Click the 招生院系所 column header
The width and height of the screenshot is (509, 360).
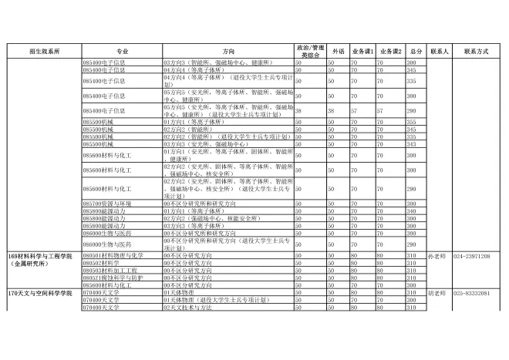pos(43,50)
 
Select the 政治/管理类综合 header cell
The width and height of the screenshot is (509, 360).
pos(310,50)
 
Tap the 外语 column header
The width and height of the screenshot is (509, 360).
pos(338,50)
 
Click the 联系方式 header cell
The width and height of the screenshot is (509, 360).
pos(476,50)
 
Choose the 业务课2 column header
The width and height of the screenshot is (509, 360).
pos(389,50)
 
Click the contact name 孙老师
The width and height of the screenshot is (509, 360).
pos(437,255)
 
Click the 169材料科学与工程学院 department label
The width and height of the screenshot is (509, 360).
pos(39,255)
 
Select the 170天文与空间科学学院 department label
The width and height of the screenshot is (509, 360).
pos(39,294)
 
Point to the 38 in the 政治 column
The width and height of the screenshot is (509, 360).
pos(298,111)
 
